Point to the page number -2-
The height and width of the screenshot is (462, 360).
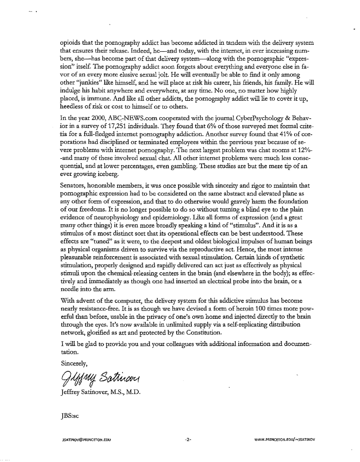188,440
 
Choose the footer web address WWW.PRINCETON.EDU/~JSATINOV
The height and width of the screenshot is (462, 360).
286,440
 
